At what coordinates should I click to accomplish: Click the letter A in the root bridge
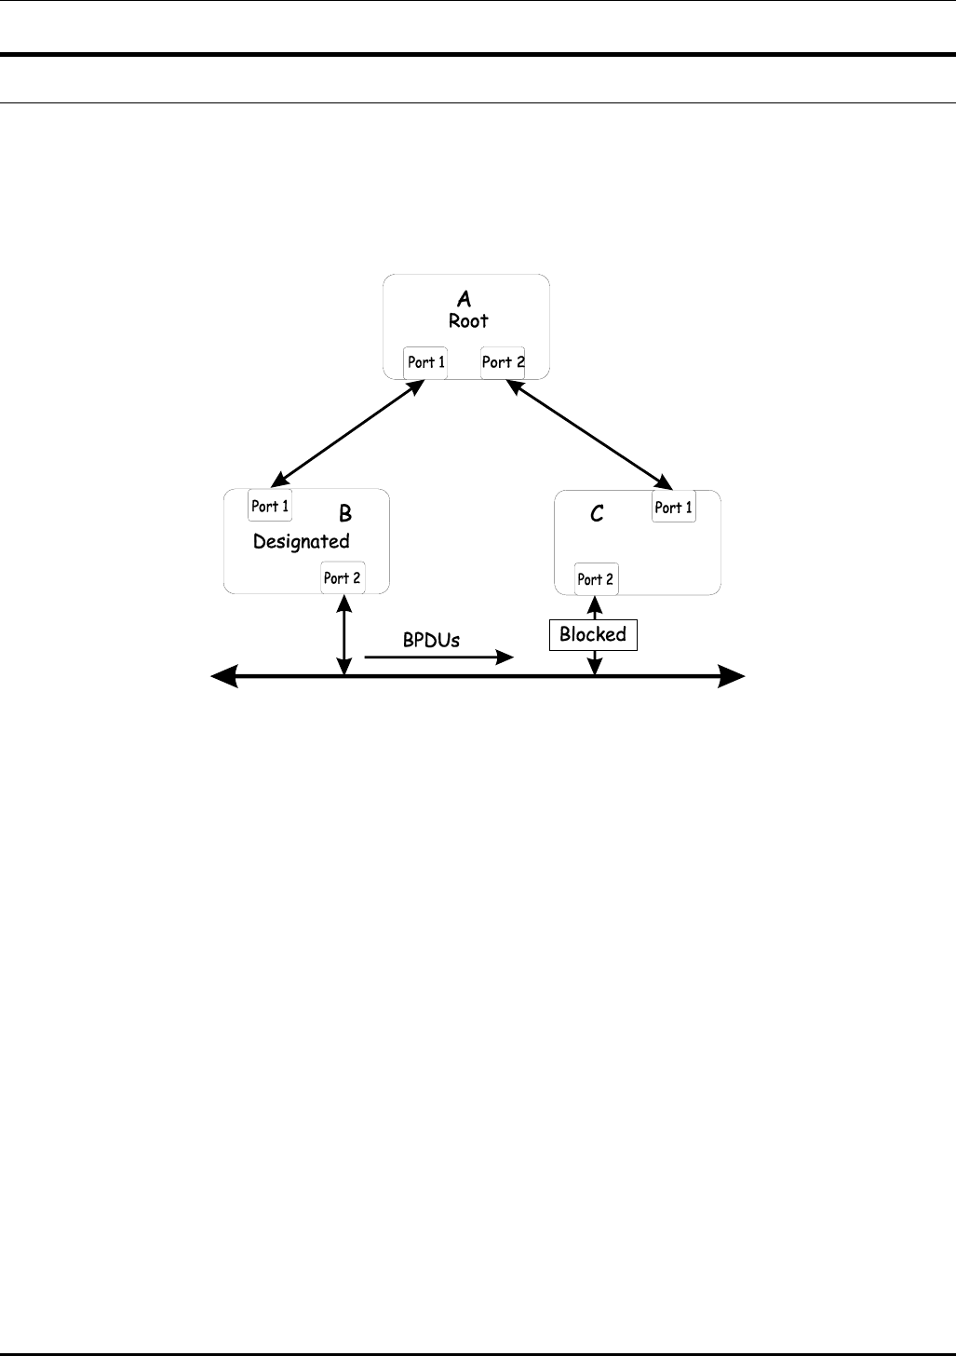(464, 299)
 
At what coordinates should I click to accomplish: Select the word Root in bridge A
(468, 321)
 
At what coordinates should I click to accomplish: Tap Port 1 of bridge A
(425, 362)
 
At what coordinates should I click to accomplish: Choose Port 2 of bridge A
(503, 362)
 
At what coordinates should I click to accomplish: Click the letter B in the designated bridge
(345, 513)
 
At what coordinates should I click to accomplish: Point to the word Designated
(302, 541)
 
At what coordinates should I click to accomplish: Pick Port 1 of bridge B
(270, 507)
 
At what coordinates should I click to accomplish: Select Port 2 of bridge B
(343, 578)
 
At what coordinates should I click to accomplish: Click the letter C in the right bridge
(598, 513)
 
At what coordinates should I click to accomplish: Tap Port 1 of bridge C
(674, 508)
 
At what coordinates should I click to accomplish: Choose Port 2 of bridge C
(596, 579)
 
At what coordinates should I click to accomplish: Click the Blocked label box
(593, 635)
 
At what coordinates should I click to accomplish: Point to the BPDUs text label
(431, 641)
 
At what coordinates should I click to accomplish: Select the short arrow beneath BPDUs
(438, 658)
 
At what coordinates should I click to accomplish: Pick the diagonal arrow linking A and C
(589, 435)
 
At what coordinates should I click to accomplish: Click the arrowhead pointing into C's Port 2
(596, 603)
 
